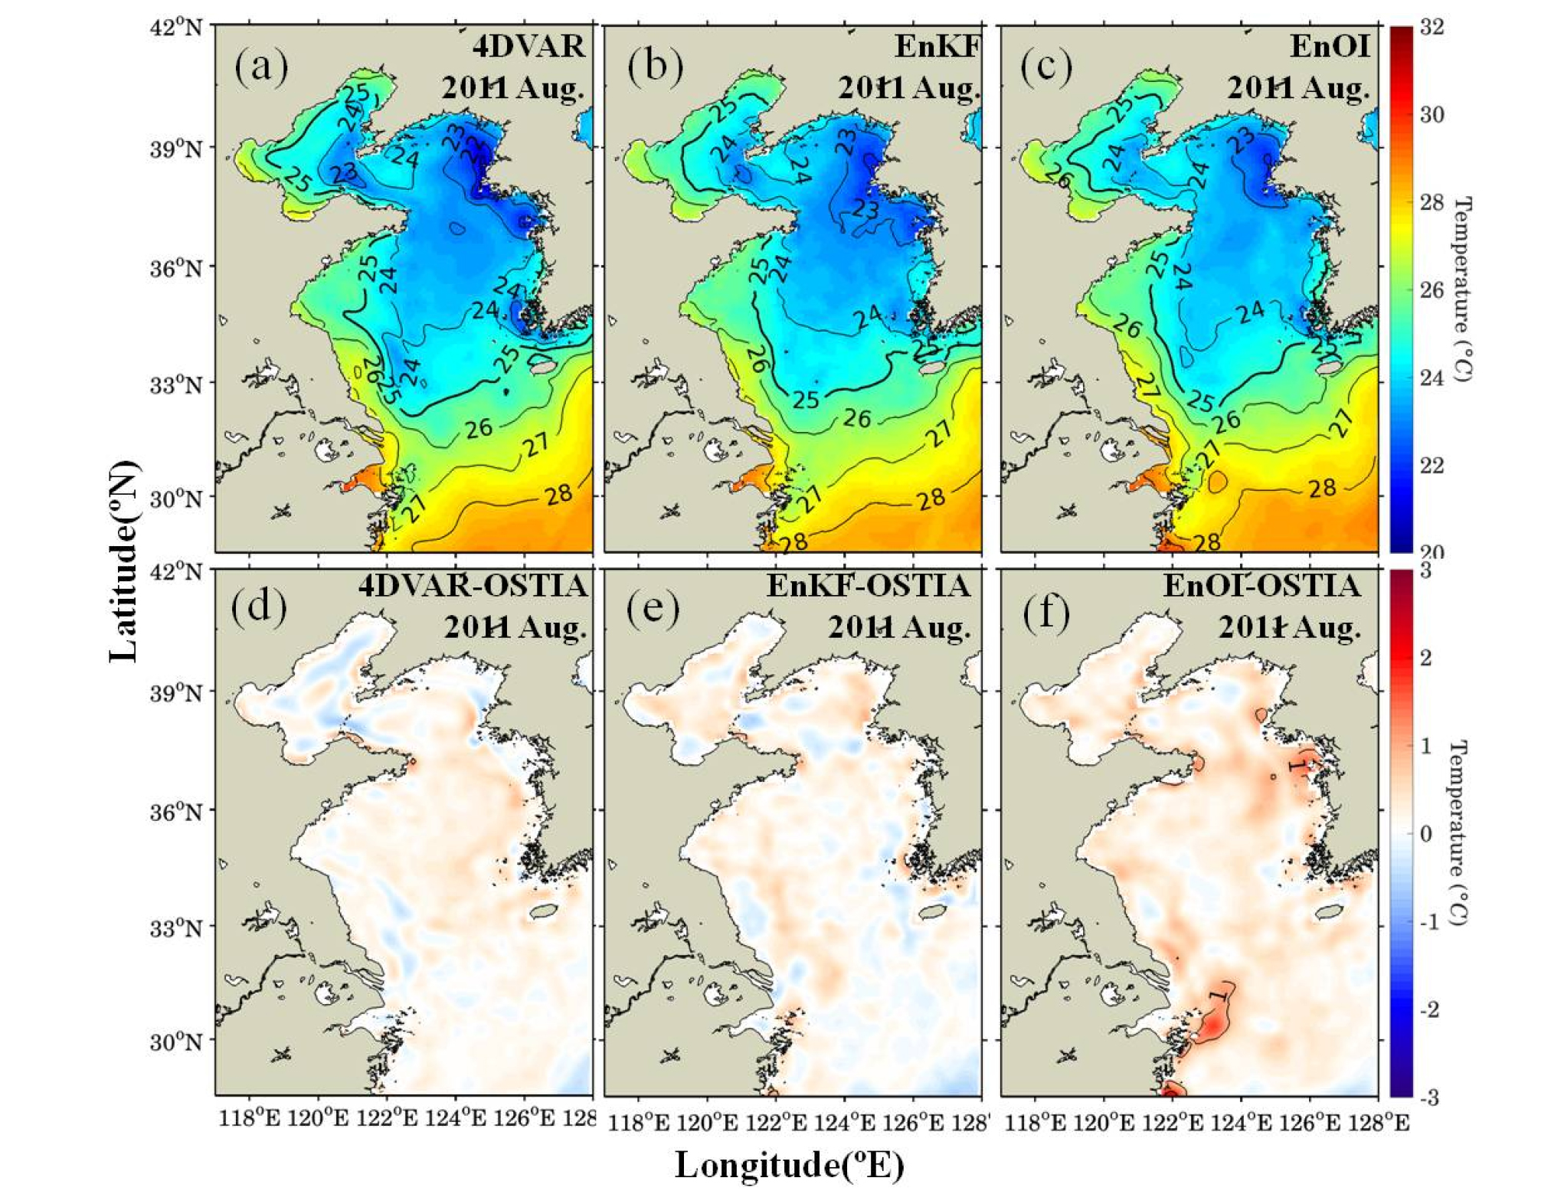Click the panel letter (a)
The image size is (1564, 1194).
click(260, 66)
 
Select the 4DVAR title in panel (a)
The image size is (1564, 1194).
click(528, 47)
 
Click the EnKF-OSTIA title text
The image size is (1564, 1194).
click(869, 587)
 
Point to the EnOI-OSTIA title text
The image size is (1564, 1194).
click(1261, 587)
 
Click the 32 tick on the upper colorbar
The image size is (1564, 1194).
click(1431, 28)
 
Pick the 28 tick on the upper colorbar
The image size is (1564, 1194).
click(1431, 203)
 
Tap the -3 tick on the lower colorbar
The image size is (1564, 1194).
click(1428, 1097)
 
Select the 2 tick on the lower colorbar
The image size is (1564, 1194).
click(1425, 659)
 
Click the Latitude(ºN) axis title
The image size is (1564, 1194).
click(124, 561)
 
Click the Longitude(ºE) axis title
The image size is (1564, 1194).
click(789, 1165)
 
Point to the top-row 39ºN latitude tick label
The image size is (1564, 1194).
click(176, 149)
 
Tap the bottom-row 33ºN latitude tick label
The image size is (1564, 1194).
click(176, 928)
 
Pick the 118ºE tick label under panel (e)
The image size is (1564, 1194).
click(639, 1123)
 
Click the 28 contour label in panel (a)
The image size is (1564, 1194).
click(559, 495)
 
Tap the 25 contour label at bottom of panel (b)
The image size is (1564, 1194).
click(805, 399)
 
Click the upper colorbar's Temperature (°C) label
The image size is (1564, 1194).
click(1462, 290)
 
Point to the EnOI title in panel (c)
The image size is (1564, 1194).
click(1330, 46)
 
